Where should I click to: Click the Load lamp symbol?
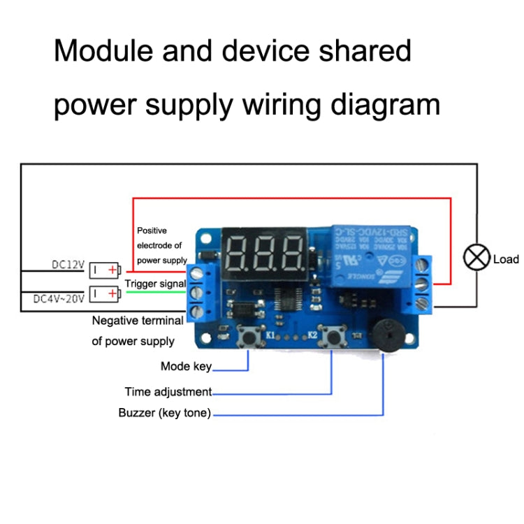[477, 258]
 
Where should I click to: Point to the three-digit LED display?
[265, 253]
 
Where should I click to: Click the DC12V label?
[68, 265]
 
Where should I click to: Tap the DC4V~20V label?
[58, 298]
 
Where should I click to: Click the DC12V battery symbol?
[105, 269]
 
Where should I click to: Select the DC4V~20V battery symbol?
[105, 294]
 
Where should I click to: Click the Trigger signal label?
[155, 284]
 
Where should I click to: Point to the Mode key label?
[185, 366]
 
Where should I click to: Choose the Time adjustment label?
[168, 392]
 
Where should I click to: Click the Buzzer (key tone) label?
[164, 413]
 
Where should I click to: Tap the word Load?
[506, 259]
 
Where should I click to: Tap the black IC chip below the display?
[291, 299]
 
